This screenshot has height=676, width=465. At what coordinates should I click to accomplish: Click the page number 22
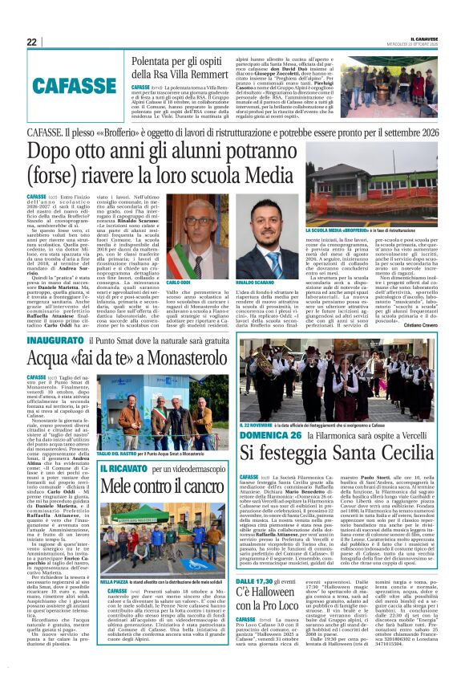point(32,43)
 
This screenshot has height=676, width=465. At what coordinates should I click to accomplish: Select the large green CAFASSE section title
point(70,83)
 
